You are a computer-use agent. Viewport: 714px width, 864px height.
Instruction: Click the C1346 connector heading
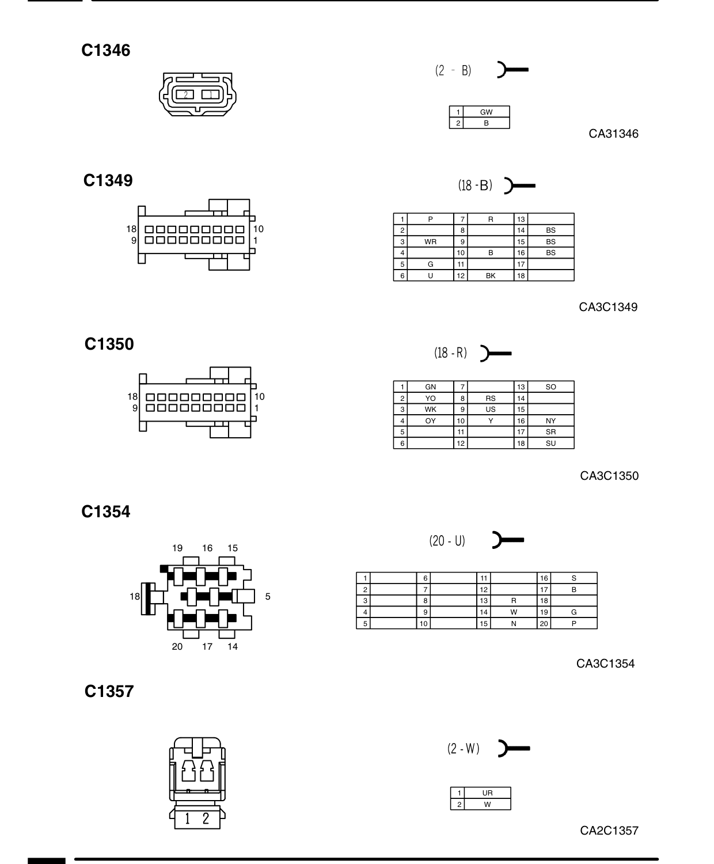point(105,50)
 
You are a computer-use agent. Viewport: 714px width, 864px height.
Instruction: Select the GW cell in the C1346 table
point(486,112)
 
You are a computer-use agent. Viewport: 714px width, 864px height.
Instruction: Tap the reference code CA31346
point(613,134)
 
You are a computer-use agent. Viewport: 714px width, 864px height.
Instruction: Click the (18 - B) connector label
point(475,185)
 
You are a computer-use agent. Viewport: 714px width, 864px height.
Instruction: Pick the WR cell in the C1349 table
point(430,242)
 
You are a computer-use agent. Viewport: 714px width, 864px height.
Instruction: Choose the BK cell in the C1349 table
point(491,275)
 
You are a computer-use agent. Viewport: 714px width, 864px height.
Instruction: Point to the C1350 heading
point(109,344)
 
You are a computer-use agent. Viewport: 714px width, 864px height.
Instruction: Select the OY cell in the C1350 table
point(430,421)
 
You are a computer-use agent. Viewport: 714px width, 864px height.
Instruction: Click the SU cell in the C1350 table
point(550,443)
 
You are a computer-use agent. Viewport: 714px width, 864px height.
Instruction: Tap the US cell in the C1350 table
point(491,409)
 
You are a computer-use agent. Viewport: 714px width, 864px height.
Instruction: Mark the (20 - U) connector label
point(447,540)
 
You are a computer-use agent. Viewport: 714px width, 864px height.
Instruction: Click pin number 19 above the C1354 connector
point(177,548)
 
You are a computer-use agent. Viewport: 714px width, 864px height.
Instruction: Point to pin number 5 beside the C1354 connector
point(268,596)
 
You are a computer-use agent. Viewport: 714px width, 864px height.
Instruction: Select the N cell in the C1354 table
point(514,624)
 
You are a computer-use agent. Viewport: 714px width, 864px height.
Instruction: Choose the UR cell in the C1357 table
point(487,793)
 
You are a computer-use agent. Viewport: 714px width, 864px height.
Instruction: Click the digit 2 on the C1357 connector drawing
point(206,818)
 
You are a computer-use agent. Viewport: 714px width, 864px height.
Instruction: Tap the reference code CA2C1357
point(609,831)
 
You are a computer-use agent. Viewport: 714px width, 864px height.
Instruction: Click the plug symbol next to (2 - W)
point(514,748)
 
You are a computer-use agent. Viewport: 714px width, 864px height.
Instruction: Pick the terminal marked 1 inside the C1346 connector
point(211,95)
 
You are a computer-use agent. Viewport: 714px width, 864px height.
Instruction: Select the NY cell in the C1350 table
point(550,421)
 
